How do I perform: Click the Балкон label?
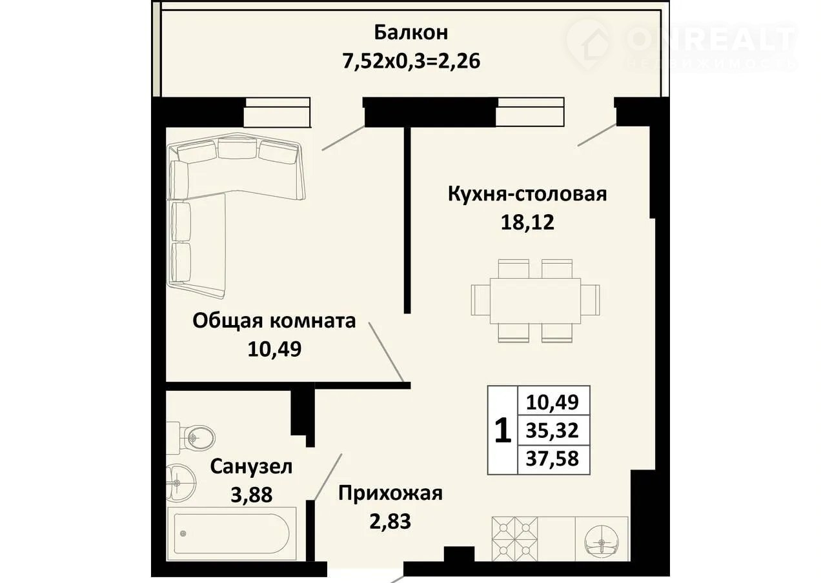point(411,33)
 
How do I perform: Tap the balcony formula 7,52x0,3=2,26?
point(411,61)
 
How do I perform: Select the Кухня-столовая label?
point(527,194)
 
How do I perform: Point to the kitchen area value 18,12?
point(527,222)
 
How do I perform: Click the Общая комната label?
point(274,321)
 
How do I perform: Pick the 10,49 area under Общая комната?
point(274,349)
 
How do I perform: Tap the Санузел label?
point(251,467)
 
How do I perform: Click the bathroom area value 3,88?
point(252,495)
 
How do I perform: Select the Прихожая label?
point(390,493)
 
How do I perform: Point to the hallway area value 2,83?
point(390,522)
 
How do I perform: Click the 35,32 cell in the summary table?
point(552,430)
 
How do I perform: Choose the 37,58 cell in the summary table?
point(552,459)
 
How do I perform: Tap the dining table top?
point(536,301)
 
